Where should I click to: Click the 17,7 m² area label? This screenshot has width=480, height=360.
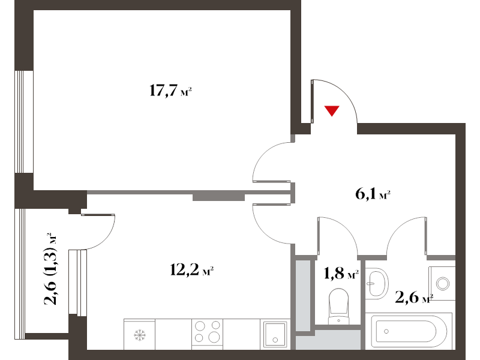170,91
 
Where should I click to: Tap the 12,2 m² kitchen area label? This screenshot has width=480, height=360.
191,270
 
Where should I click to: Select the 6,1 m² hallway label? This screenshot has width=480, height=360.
373,194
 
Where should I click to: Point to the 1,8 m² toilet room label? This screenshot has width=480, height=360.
341,273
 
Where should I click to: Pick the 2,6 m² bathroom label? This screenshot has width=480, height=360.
414,297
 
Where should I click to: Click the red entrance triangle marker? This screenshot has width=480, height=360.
332,110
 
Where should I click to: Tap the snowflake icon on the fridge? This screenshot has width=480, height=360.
140,335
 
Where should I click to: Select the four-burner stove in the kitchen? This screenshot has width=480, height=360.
207,334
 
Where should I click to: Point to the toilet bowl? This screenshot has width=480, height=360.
338,305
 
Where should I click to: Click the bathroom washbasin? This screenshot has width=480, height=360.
377,284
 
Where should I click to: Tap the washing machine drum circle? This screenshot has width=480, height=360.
443,283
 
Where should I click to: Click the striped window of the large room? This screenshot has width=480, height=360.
24,122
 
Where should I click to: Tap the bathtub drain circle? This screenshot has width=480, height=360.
386,332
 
